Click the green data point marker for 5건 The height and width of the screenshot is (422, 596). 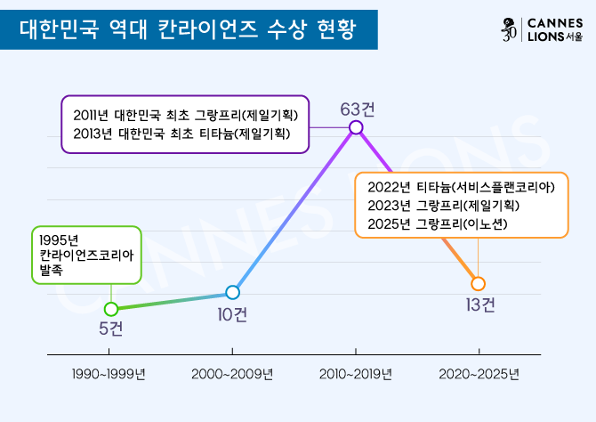pyautogui.click(x=111, y=309)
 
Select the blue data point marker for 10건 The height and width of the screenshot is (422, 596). pyautogui.click(x=233, y=292)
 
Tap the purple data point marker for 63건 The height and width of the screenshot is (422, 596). pyautogui.click(x=357, y=127)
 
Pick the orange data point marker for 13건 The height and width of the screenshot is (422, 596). pyautogui.click(x=478, y=283)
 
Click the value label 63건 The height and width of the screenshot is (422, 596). pyautogui.click(x=357, y=109)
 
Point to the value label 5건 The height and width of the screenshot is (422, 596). pyautogui.click(x=111, y=329)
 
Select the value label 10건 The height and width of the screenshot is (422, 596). pyautogui.click(x=233, y=313)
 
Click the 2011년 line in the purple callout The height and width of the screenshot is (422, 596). pyautogui.click(x=184, y=116)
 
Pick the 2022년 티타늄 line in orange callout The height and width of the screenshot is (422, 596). pyautogui.click(x=461, y=187)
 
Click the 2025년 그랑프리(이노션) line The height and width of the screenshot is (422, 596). pyautogui.click(x=437, y=224)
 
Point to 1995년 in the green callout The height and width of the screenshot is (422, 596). pyautogui.click(x=60, y=239)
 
